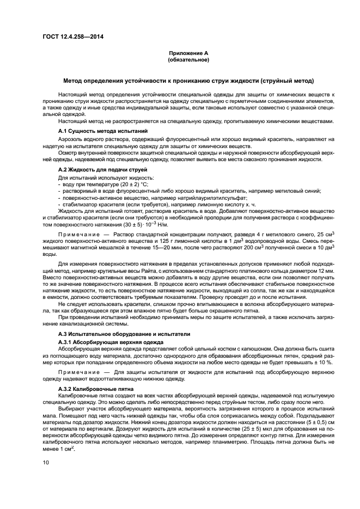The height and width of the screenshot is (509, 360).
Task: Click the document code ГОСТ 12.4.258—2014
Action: [x=72, y=37]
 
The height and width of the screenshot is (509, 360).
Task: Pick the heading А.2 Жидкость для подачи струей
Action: [x=93, y=170]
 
